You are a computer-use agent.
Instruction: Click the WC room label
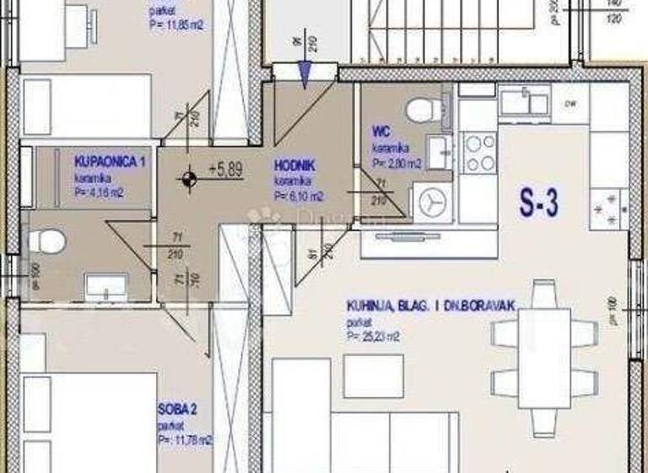pyautogui.click(x=380, y=133)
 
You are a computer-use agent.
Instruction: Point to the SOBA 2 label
pyautogui.click(x=177, y=410)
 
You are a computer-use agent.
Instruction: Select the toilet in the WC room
pyautogui.click(x=418, y=110)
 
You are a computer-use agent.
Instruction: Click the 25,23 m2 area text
pyautogui.click(x=371, y=335)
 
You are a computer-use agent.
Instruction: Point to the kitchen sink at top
pyautogui.click(x=524, y=102)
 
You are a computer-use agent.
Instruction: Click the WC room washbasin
pyautogui.click(x=440, y=152)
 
